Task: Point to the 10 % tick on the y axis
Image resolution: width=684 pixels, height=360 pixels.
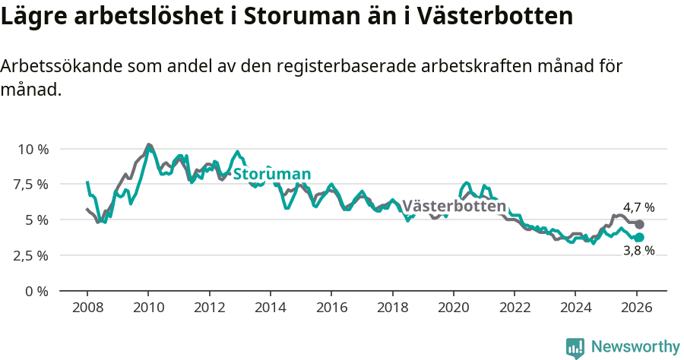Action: (x=33, y=149)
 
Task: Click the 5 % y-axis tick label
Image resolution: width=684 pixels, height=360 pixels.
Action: (x=36, y=220)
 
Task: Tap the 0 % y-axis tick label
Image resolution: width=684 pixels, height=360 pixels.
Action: (x=36, y=291)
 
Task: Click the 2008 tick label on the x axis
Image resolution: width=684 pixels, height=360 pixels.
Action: (x=87, y=309)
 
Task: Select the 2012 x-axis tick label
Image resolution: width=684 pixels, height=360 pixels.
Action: (x=209, y=309)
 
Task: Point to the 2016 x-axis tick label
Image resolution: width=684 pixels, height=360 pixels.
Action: (x=331, y=309)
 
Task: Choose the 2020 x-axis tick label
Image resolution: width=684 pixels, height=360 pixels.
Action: (x=453, y=309)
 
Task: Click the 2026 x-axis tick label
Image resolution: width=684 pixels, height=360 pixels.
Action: (x=636, y=309)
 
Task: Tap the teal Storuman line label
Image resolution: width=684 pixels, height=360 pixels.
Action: (x=271, y=175)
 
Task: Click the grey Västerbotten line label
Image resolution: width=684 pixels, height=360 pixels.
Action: (x=454, y=207)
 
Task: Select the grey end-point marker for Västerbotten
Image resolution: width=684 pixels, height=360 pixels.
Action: (x=639, y=225)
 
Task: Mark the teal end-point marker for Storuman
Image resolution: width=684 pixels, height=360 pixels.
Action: (x=639, y=238)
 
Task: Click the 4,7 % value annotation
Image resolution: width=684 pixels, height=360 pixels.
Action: (x=638, y=207)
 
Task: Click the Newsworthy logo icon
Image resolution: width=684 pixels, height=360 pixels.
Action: (x=575, y=347)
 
